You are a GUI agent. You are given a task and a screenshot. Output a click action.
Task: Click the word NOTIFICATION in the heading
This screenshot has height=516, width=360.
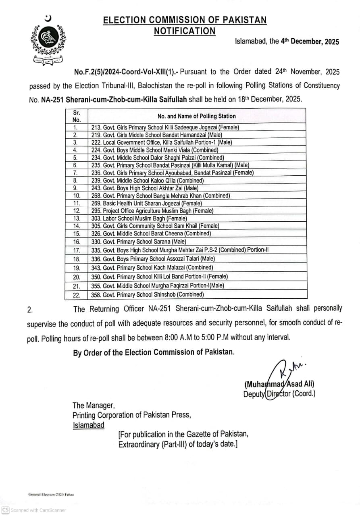click(185, 31)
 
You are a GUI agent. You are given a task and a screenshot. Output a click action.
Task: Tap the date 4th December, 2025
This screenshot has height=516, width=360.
click(310, 42)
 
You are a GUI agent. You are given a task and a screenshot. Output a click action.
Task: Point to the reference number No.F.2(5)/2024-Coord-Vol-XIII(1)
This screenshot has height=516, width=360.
click(126, 72)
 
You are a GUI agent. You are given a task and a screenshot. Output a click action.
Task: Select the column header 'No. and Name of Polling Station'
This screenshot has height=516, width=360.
click(197, 116)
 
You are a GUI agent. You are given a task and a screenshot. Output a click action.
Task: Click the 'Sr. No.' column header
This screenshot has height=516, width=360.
click(77, 116)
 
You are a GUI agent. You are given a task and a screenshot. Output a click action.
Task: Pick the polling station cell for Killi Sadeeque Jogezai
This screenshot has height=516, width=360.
click(165, 127)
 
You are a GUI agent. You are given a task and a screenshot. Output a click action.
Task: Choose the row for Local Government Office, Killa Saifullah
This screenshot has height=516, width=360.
click(162, 142)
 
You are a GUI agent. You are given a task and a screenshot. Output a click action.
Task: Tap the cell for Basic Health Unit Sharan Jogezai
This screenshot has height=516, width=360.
click(147, 203)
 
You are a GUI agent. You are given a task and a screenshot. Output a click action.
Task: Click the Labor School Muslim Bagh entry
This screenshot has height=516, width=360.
click(133, 218)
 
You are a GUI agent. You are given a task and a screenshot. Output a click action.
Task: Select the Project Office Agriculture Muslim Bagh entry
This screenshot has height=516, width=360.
click(152, 210)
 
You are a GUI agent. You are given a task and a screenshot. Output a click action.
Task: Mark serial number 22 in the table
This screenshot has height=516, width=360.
click(77, 295)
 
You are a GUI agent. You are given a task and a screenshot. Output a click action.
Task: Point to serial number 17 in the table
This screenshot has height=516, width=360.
click(77, 250)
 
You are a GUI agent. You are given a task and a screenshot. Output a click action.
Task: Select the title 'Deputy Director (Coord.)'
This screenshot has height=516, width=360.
click(279, 394)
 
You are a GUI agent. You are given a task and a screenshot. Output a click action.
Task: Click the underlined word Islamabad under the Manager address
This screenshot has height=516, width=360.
click(88, 425)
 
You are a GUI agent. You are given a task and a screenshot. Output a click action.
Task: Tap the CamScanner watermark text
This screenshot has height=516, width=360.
click(38, 510)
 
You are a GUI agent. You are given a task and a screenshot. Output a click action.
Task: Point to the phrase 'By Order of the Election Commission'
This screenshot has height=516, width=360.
click(153, 352)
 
